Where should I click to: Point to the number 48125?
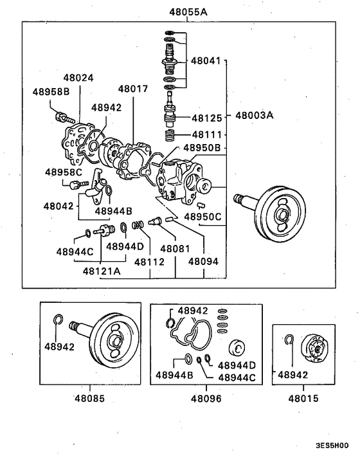[207, 118]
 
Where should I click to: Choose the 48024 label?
[78, 78]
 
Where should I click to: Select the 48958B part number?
[51, 91]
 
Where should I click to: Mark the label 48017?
[133, 89]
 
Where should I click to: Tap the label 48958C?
[63, 172]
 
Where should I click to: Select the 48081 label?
[174, 248]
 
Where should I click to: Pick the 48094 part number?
[204, 261]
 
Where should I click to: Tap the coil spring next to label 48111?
[170, 136]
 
